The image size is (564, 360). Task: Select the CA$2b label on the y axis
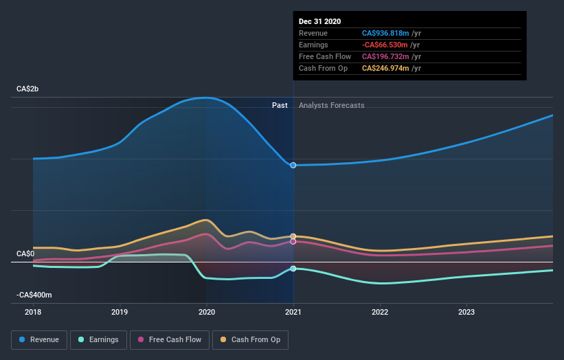[28, 89]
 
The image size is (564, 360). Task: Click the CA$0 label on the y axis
[25, 254]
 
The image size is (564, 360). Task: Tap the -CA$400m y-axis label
[34, 295]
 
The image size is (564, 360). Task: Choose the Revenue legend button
[40, 339]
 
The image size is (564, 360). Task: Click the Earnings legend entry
[98, 339]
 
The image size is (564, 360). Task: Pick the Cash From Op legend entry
[251, 339]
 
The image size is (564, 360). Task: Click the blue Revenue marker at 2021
[293, 165]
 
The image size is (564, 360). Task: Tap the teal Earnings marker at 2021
[293, 269]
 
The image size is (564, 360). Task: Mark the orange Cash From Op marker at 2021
[293, 236]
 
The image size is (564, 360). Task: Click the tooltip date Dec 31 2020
[319, 22]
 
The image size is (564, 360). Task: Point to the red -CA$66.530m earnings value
[387, 45]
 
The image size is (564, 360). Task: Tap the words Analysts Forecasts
[331, 105]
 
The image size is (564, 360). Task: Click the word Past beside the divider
[280, 105]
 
